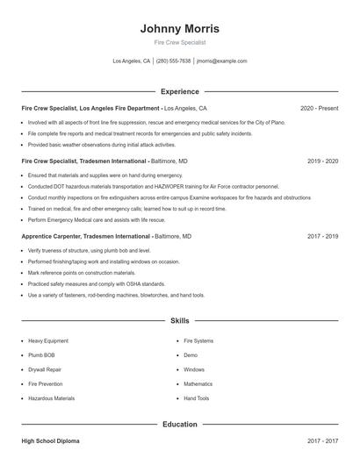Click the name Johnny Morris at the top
(180, 28)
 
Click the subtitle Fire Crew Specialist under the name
(180, 42)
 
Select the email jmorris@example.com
(221, 61)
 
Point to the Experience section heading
(180, 91)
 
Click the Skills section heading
(180, 321)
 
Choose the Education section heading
(180, 425)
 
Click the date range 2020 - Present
(319, 108)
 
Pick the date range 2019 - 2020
(323, 161)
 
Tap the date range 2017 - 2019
(323, 237)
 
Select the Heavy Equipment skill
(48, 340)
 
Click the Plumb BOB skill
(41, 355)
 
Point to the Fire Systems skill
(198, 340)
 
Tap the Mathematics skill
(198, 384)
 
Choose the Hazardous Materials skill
(52, 398)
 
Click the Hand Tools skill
(197, 398)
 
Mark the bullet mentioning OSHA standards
(97, 284)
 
